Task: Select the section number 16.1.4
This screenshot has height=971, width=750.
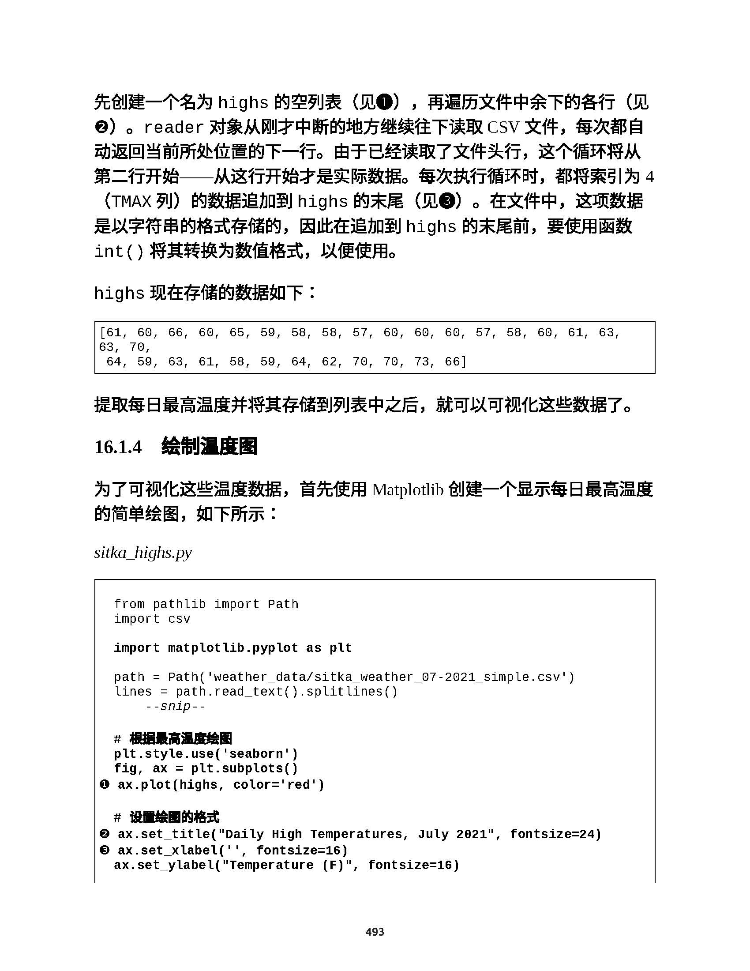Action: pyautogui.click(x=118, y=447)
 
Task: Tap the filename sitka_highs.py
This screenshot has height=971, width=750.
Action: pyautogui.click(x=143, y=553)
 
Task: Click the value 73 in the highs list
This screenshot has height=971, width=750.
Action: pyautogui.click(x=422, y=361)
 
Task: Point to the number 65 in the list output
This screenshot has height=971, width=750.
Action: pyautogui.click(x=237, y=332)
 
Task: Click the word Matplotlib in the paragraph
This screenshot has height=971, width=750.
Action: pyautogui.click(x=408, y=489)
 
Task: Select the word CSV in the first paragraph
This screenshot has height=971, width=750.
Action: pyautogui.click(x=503, y=128)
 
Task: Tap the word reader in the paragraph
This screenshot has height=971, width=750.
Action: pyautogui.click(x=174, y=128)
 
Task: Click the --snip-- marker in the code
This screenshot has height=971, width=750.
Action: pyautogui.click(x=176, y=707)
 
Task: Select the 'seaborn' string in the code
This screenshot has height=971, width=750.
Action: pyautogui.click(x=259, y=754)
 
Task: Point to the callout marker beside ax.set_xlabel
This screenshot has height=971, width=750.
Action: pyautogui.click(x=105, y=850)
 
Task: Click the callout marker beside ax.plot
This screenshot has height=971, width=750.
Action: pyautogui.click(x=105, y=784)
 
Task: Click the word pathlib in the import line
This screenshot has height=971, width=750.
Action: pyautogui.click(x=179, y=604)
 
